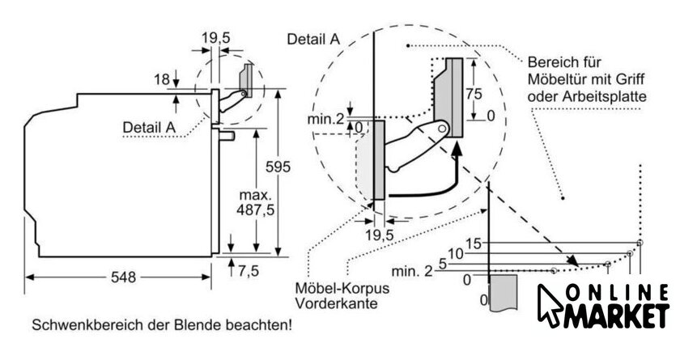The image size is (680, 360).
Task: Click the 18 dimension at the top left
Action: (x=161, y=78)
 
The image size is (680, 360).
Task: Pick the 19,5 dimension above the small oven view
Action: (x=215, y=36)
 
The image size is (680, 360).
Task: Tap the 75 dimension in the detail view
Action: (x=476, y=93)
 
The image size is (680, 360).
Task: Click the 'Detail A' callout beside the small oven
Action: (x=149, y=127)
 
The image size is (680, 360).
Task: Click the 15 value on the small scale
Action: (x=474, y=243)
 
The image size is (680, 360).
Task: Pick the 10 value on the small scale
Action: (x=456, y=253)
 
